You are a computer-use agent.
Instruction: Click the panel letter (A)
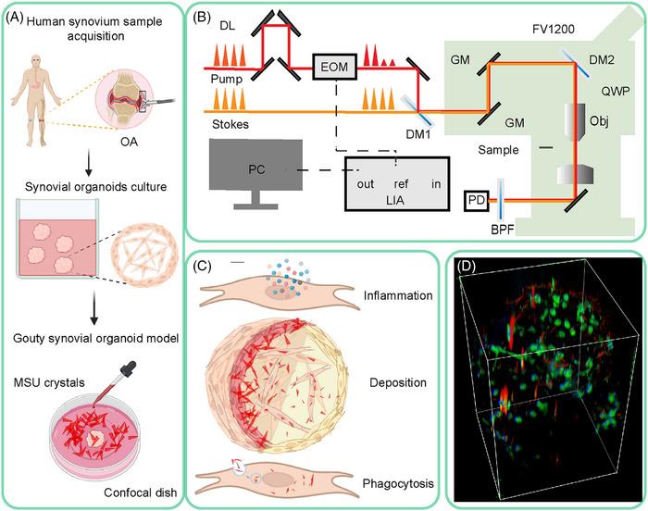pos(19,13)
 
